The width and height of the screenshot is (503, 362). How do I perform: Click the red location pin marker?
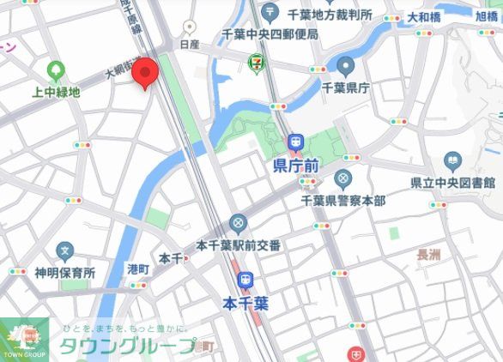pyautogui.click(x=144, y=73)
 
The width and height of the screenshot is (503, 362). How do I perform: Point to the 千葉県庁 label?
pyautogui.click(x=345, y=87)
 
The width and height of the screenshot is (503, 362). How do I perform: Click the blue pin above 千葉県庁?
pyautogui.click(x=346, y=66)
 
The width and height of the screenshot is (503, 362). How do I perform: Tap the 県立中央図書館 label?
pyautogui.click(x=452, y=182)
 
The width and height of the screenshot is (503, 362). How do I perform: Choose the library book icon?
pyautogui.click(x=452, y=160)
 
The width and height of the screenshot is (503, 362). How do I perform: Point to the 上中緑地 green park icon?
pyautogui.click(x=58, y=71)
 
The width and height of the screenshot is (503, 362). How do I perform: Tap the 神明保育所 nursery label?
pyautogui.click(x=64, y=273)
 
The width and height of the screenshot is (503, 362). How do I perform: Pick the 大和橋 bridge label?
pyautogui.click(x=424, y=16)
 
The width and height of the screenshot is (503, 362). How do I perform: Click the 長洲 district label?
pyautogui.click(x=427, y=254)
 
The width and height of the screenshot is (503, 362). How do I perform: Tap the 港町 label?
pyautogui.click(x=138, y=269)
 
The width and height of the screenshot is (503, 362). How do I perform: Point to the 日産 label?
pyautogui.click(x=190, y=42)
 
